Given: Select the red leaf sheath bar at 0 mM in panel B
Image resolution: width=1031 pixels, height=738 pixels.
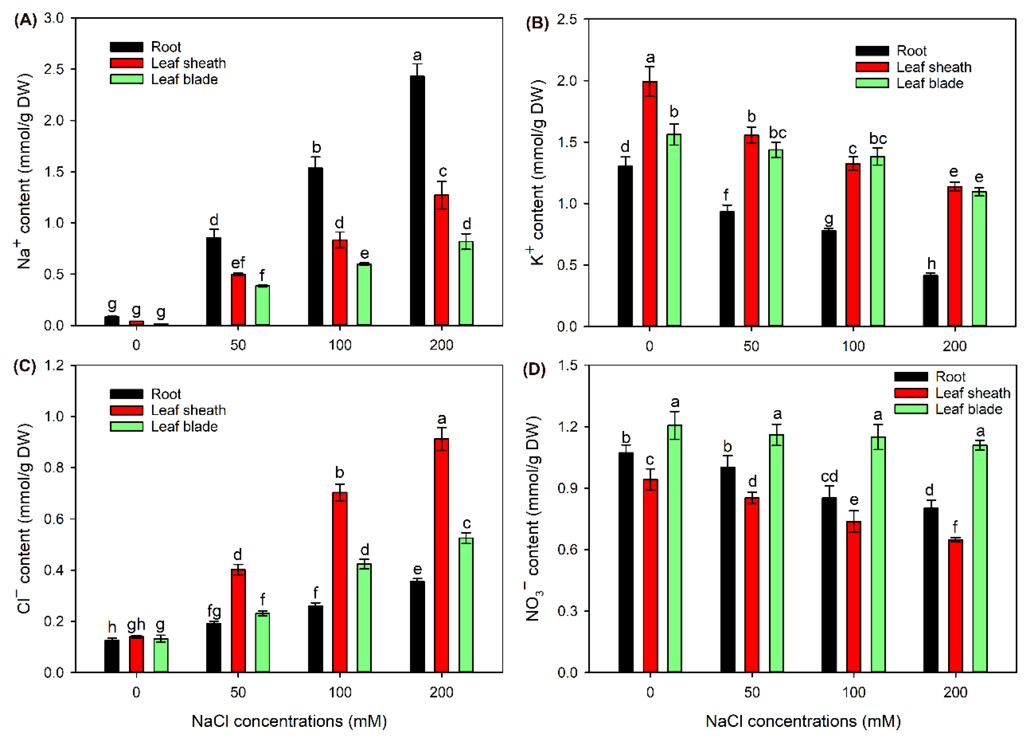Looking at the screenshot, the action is (x=650, y=204).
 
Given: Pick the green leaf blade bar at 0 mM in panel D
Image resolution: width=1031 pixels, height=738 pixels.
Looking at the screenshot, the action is (x=674, y=548).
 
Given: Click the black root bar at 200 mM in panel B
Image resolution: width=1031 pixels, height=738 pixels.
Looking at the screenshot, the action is (x=930, y=301).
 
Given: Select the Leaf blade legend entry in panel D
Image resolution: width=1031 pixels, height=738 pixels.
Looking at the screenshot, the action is (x=948, y=409).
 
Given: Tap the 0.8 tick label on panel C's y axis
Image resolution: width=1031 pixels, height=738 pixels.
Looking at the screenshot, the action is (x=54, y=468).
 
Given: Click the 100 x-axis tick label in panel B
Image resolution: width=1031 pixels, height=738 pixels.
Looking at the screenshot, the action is (x=853, y=346).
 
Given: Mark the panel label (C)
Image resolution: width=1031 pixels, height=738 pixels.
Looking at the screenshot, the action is (x=25, y=367).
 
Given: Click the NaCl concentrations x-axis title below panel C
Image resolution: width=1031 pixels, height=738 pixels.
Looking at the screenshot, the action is (x=289, y=721).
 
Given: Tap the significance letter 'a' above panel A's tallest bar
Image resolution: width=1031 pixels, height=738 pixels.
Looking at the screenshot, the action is (x=417, y=56).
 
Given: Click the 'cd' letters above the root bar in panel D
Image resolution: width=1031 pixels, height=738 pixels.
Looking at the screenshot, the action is (x=829, y=476).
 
